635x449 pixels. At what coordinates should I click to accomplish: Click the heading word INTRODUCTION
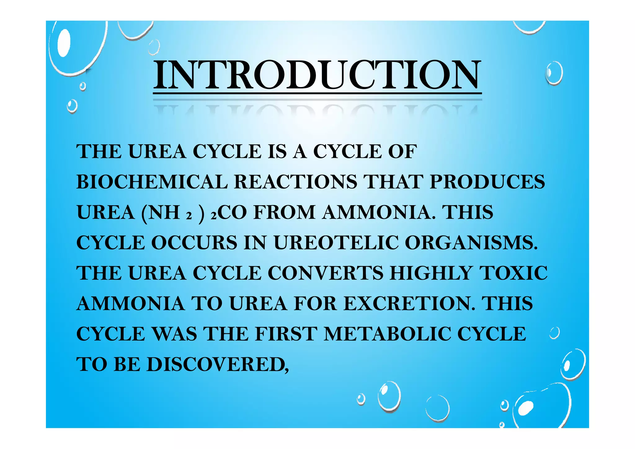tap(317, 75)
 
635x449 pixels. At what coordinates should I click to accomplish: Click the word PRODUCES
tap(487, 182)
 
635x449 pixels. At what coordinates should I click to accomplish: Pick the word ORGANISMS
tap(471, 243)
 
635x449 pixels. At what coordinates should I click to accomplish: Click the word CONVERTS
tap(325, 273)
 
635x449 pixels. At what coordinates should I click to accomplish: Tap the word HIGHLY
tap(431, 273)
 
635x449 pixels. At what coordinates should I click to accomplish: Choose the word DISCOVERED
tap(217, 364)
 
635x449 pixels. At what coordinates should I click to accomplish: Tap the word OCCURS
tap(194, 243)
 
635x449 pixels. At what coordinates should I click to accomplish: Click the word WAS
tap(175, 334)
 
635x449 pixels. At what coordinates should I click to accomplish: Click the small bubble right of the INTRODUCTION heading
tap(554, 73)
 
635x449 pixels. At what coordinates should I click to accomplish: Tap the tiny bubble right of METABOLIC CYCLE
tap(555, 333)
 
